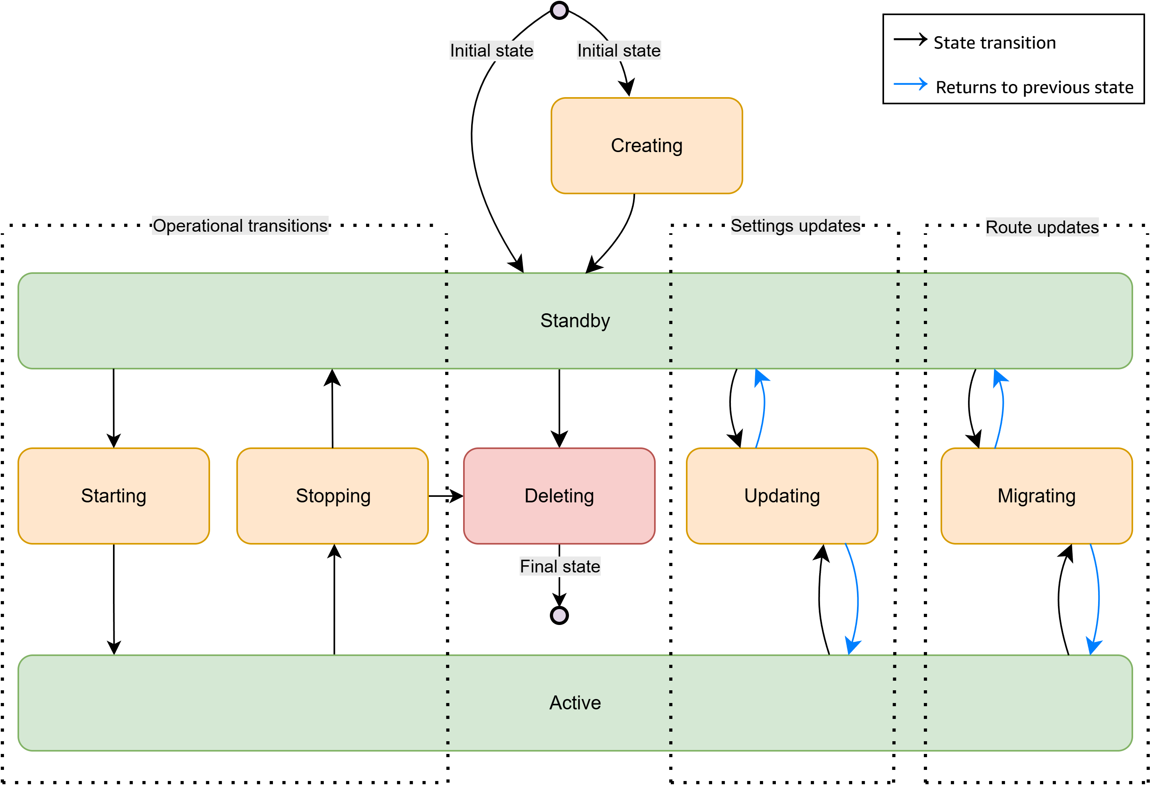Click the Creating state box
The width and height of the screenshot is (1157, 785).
646,145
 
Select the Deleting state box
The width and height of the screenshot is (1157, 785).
559,496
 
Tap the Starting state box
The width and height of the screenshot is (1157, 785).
113,496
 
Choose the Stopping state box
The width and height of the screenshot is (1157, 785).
333,496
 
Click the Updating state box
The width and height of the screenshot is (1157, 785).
782,496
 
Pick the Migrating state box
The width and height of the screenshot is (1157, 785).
1036,496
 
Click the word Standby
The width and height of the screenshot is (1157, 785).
575,320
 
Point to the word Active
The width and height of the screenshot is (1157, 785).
575,702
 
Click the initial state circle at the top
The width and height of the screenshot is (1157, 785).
559,10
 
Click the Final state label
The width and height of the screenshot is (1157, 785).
559,566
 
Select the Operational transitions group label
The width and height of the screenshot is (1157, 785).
240,226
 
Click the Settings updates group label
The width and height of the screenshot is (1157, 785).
795,226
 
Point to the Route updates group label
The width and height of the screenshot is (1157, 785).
1042,227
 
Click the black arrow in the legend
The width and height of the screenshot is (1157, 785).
910,39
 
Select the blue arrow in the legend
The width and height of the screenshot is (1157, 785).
910,84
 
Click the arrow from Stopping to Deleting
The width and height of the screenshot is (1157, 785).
446,496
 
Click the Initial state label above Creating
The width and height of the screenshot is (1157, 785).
618,50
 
